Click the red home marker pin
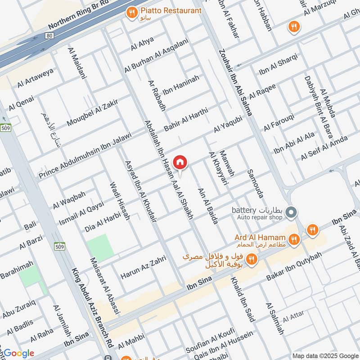(x=180, y=162)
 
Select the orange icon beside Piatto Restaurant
(x=132, y=13)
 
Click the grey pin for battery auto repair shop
(x=291, y=211)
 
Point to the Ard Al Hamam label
(x=260, y=237)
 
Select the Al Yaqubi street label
(x=228, y=124)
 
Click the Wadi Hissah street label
(x=120, y=201)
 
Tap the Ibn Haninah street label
(x=180, y=84)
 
